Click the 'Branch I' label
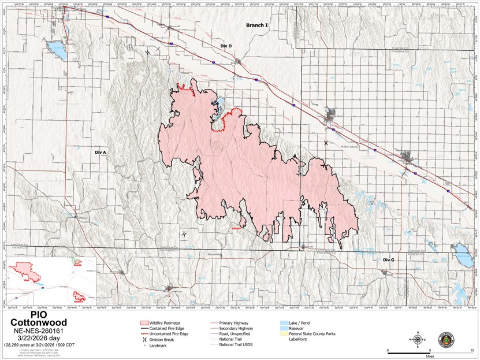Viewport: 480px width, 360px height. [257, 25]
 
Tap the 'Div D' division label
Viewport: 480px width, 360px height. [226, 46]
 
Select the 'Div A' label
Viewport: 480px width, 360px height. [101, 152]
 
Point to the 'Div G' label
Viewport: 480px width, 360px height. [388, 260]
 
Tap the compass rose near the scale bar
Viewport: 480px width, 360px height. [417, 339]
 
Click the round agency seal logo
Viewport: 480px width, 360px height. [446, 340]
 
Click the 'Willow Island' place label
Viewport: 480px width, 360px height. [350, 147]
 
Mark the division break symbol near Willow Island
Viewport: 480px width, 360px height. [326, 142]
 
